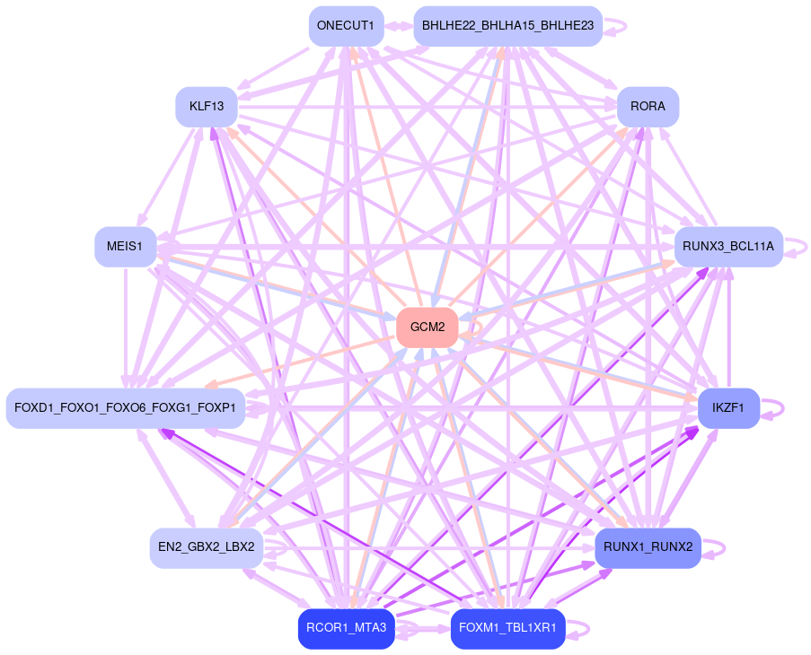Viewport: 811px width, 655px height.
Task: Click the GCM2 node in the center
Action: pos(427,327)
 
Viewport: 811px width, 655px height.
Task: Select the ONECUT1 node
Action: pos(346,25)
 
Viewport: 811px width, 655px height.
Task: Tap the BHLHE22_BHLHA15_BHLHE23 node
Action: pos(507,25)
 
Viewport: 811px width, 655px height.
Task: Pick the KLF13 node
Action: pos(207,107)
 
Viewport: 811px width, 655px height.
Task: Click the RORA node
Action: pos(648,107)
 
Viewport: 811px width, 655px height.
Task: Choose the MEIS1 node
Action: pos(125,247)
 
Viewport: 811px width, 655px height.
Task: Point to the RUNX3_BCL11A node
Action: pos(728,247)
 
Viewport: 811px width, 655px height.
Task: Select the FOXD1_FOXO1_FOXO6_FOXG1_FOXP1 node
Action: pos(126,408)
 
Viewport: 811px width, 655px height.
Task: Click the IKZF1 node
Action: pos(728,408)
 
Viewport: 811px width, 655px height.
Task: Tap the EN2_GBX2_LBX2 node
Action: pos(207,546)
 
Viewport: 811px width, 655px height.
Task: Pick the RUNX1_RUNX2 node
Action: pos(648,546)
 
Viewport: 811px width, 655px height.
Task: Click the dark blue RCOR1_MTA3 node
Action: pos(346,628)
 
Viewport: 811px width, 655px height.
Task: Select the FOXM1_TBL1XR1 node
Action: pos(507,628)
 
